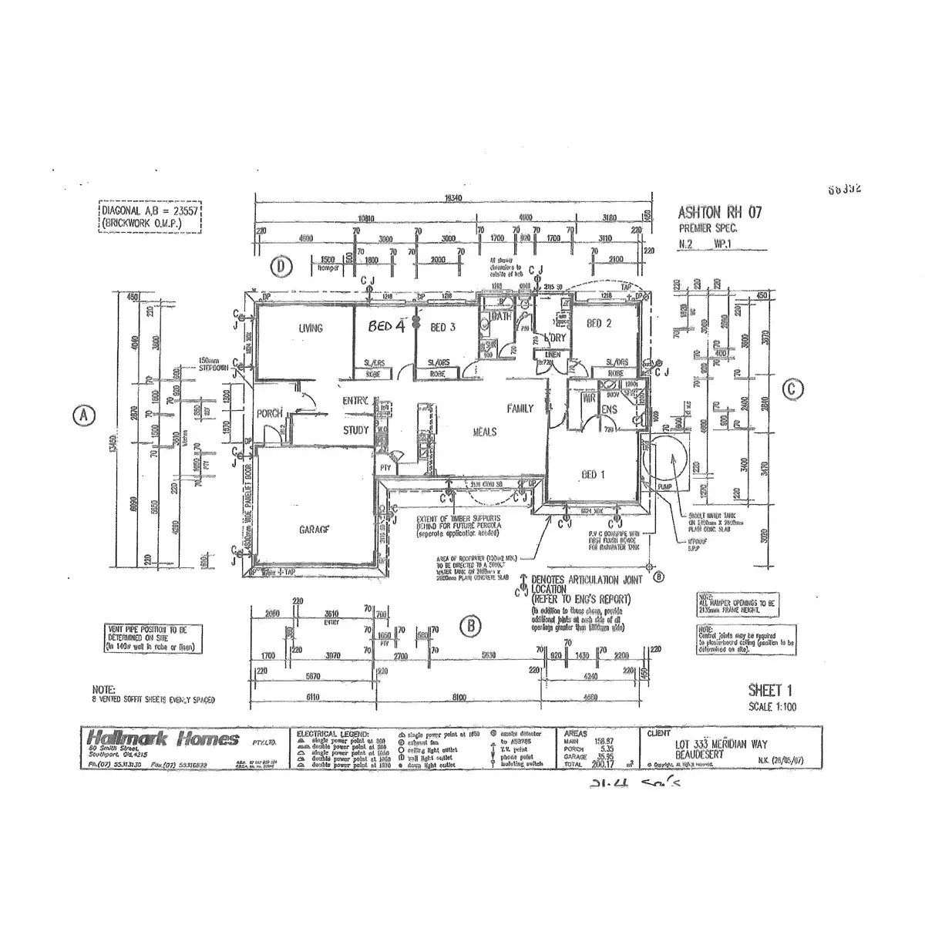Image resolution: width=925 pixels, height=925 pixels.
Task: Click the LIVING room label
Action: pos(311,329)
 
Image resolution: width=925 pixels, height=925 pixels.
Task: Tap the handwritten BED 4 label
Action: pos(385,326)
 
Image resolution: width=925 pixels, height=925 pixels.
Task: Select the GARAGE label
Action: pos(314,530)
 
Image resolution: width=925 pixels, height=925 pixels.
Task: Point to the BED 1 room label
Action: pos(592,475)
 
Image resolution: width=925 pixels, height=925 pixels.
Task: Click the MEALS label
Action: pos(484,432)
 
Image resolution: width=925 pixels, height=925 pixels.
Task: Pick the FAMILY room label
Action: pos(520,409)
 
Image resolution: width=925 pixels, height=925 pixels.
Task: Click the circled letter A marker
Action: pos(83,415)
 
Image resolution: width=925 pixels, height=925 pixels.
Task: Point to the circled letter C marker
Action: pos(792,390)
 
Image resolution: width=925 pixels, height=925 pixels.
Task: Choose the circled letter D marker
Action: pos(282,267)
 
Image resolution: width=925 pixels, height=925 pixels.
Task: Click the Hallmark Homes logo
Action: pos(163,740)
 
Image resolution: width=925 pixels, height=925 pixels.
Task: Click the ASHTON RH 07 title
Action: pos(718,213)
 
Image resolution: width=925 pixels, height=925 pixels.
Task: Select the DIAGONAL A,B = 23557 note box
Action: pos(150,217)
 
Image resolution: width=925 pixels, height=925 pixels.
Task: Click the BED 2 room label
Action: pos(599,324)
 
